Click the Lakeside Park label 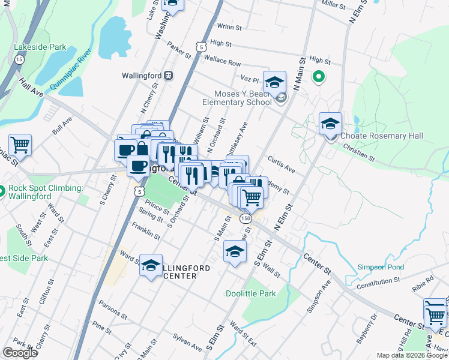pos(40,46)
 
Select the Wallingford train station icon pos(169,76)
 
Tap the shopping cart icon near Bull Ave pos(20,145)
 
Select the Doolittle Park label pos(250,293)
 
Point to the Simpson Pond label pos(381,267)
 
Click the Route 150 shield pos(246,219)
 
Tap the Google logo pos(20,353)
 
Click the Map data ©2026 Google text pos(412,355)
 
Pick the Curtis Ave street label pos(282,165)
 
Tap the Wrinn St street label pos(229,27)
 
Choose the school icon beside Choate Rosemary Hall pos(330,124)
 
